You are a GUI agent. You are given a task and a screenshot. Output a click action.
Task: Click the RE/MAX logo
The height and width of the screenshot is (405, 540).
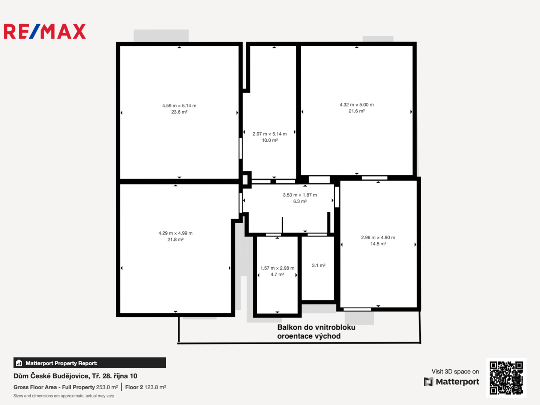(45, 31)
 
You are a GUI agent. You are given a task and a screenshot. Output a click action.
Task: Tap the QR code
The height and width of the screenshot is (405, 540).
(506, 378)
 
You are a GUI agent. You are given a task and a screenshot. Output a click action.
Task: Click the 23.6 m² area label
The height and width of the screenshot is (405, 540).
(179, 112)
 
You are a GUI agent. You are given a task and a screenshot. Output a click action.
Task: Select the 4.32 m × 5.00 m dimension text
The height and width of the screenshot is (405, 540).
(357, 105)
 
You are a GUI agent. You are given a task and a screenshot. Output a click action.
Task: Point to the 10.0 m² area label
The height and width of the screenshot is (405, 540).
(270, 140)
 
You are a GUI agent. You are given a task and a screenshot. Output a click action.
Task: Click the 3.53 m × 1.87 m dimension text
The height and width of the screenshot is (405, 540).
(300, 195)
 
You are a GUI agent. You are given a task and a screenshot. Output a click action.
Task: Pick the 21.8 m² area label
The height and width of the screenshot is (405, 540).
(175, 239)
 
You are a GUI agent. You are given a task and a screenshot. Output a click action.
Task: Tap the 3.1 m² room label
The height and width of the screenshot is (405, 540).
(319, 265)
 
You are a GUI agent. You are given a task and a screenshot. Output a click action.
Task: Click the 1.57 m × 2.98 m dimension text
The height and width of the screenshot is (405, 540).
(277, 268)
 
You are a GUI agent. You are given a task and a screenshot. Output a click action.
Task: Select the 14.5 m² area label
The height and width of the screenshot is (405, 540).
(378, 244)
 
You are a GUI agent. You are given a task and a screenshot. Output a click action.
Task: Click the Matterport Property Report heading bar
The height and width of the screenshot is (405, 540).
(90, 363)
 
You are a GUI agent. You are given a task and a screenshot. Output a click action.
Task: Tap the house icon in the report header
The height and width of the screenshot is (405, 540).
(19, 363)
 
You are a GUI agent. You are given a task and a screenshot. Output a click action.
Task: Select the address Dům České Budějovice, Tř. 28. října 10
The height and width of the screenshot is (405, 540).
(75, 376)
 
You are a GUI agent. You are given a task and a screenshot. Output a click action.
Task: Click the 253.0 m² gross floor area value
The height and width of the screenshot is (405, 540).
(107, 387)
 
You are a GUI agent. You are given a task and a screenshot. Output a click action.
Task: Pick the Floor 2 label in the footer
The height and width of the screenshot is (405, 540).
(134, 387)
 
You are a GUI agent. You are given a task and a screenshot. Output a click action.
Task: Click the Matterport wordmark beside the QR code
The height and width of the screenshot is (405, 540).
(457, 382)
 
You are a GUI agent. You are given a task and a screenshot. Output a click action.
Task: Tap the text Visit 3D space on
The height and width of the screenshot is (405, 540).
(455, 372)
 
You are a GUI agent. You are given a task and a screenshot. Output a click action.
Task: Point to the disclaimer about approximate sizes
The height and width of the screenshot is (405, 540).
(64, 396)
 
